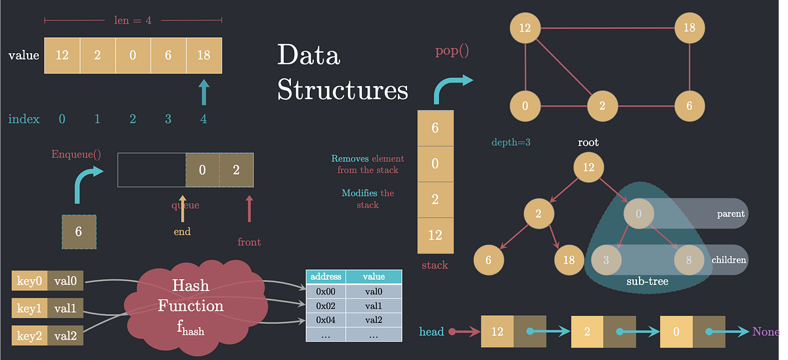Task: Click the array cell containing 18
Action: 204,56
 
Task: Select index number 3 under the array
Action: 168,119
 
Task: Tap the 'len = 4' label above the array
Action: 133,20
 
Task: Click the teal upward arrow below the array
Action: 204,93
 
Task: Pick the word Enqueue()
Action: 76,155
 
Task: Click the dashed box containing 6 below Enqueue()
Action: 79,231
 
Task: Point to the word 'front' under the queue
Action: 249,242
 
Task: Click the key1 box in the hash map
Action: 29,307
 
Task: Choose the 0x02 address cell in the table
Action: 326,305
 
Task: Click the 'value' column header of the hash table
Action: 374,277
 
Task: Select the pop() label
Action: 452,51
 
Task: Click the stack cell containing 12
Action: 435,235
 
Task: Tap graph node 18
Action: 689,28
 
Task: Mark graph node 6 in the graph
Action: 689,106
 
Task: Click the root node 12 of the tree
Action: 588,168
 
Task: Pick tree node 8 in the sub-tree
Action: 689,259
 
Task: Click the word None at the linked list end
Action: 766,332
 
